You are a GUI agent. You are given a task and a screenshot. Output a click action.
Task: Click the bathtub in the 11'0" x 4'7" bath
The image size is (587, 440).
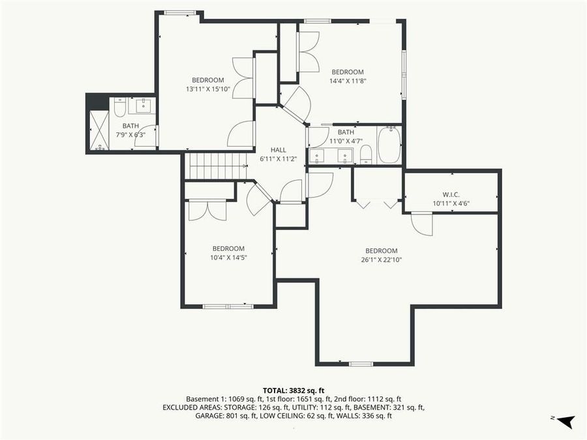389,145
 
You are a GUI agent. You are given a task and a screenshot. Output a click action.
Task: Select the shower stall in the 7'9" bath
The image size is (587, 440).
99,130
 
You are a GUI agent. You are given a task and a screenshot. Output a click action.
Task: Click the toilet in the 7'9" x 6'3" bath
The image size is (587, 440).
119,106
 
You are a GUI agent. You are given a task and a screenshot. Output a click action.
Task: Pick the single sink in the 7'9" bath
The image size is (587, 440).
142,106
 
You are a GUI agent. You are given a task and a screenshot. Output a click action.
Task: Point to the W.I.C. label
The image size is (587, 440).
451,194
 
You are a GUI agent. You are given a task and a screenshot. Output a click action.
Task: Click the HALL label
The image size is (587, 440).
278,150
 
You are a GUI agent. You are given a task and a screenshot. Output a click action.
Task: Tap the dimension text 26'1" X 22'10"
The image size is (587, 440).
381,259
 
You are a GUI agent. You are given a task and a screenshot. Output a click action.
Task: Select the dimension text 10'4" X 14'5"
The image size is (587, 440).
228,257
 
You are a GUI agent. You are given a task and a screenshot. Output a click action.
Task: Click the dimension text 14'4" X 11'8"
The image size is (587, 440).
347,81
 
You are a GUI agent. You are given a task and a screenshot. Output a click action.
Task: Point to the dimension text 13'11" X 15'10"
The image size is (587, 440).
208,89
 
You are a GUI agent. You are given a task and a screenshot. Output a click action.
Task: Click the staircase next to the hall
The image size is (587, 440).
215,166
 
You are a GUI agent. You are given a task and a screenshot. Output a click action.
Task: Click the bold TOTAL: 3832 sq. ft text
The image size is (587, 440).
293,389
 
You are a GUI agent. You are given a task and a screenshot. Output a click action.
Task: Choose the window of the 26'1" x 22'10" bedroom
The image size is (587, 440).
360,363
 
